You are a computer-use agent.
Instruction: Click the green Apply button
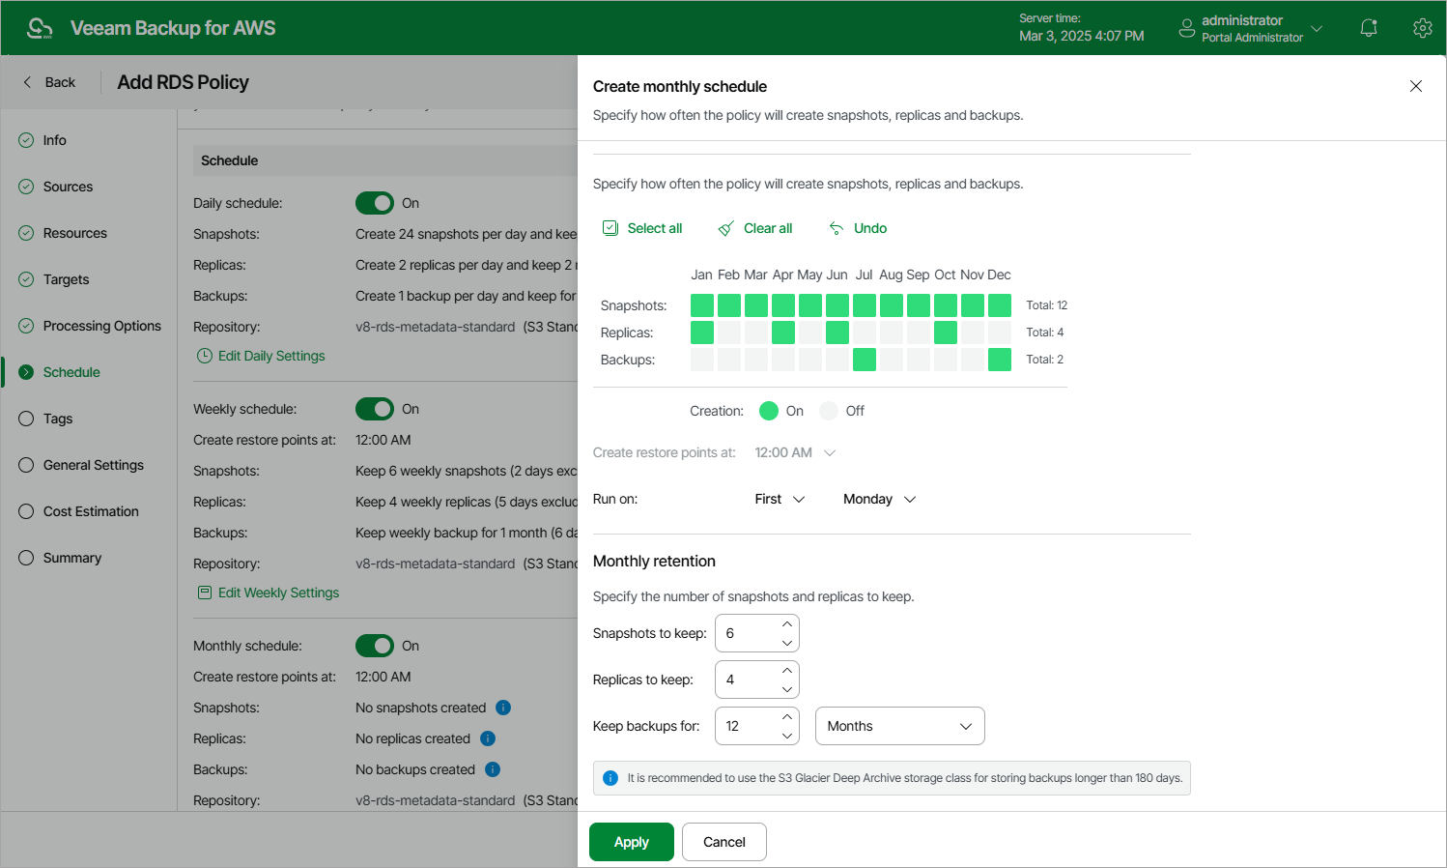pos(632,842)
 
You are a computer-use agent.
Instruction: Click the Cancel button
pos(723,842)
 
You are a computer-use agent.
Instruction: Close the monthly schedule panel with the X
pos(1416,86)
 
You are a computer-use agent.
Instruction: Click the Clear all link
pos(755,228)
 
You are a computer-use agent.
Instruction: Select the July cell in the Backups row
pos(865,360)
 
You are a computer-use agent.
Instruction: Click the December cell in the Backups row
pos(1000,360)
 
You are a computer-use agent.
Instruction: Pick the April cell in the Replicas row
pos(783,333)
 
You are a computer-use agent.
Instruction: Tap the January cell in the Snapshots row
pos(702,305)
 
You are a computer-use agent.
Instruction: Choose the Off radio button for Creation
pos(829,411)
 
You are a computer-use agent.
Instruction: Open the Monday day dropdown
pos(879,499)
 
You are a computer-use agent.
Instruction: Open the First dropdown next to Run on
pos(780,499)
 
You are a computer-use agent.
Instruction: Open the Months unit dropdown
pos(899,726)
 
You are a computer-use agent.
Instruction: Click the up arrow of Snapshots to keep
pos(787,623)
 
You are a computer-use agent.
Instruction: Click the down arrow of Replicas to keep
pos(787,689)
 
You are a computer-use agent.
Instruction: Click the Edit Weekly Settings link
pos(278,593)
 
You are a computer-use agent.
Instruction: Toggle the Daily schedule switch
pos(375,203)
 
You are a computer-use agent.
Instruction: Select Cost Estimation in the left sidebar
pos(91,511)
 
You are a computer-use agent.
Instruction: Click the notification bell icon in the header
pos(1369,28)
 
